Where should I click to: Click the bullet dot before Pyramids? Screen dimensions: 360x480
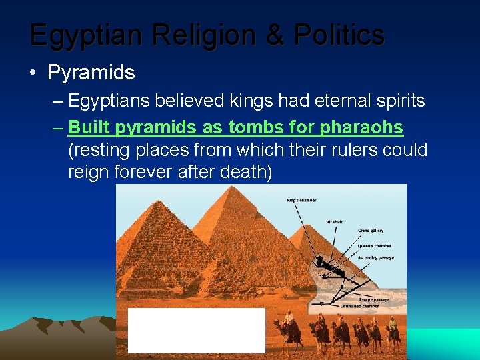pos(33,73)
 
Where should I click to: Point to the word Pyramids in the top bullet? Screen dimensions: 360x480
pos(91,73)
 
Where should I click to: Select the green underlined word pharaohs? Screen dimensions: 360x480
pos(361,126)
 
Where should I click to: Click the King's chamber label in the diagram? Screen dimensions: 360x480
pos(301,200)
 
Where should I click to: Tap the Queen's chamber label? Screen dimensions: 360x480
pos(373,245)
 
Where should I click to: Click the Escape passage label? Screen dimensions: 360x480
pos(375,299)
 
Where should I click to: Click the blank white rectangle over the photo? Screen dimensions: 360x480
pos(196,330)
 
